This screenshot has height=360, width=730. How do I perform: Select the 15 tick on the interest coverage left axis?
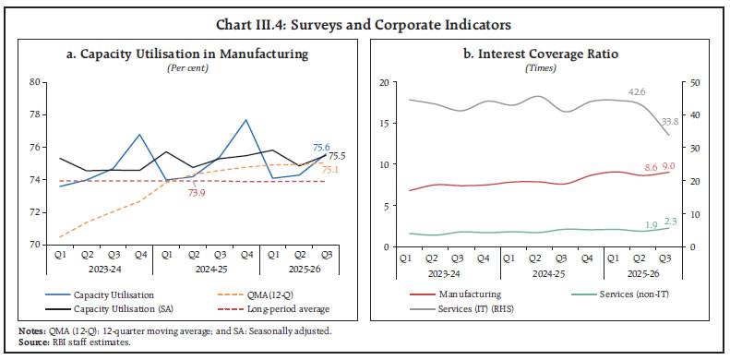tap(386, 124)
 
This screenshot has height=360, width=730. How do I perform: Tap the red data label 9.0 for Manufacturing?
tap(671, 167)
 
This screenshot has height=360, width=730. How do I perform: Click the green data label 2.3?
tap(671, 221)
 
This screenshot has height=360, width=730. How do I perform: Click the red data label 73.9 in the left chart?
tap(196, 194)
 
